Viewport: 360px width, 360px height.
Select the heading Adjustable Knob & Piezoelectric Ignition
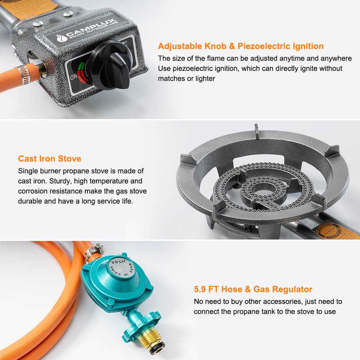click(241, 46)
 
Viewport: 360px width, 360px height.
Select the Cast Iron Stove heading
click(50, 159)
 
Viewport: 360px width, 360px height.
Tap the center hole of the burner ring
click(263, 189)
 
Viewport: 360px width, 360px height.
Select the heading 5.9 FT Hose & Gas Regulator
click(253, 289)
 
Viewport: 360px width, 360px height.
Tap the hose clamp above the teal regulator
click(94, 250)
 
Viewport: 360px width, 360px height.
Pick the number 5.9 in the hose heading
click(200, 289)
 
